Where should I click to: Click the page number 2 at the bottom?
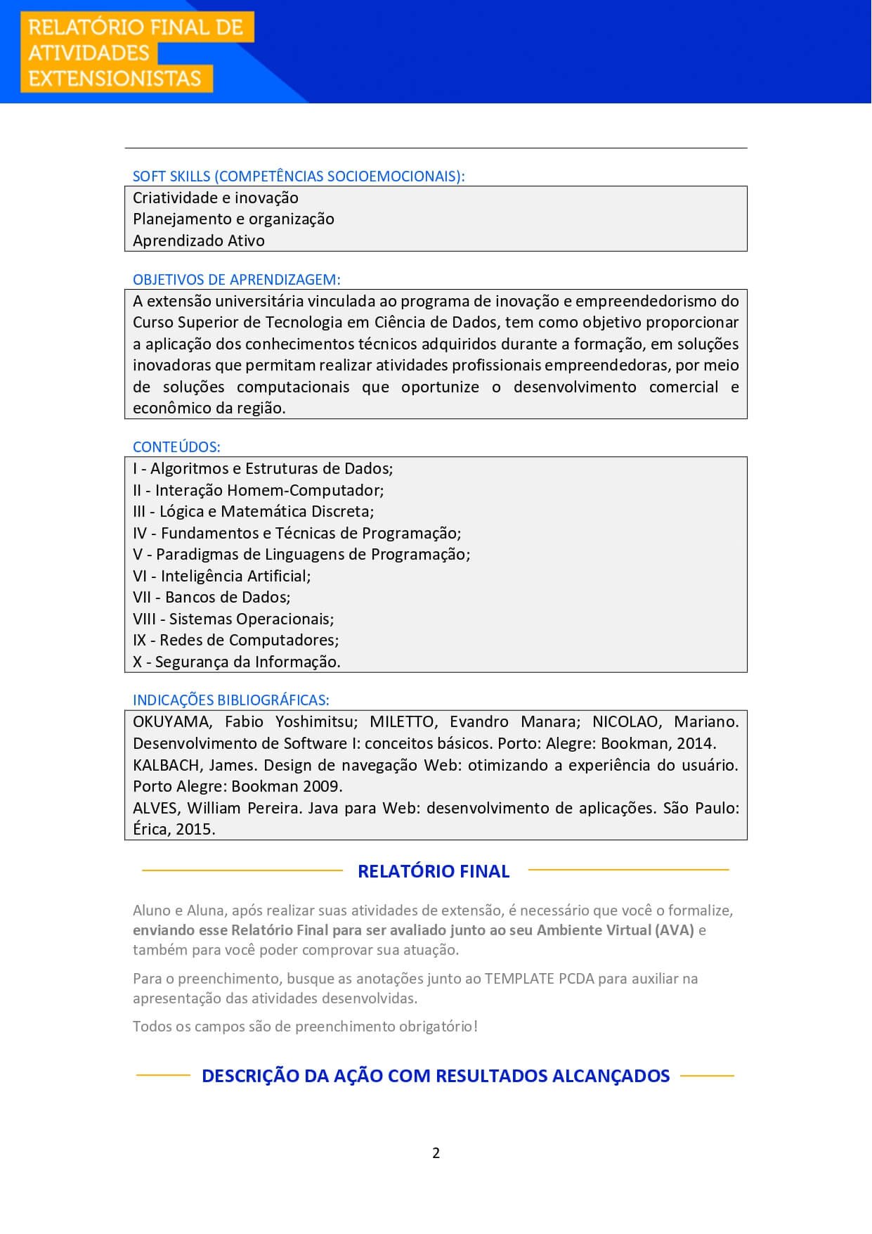436,1152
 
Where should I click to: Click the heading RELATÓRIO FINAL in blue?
434,871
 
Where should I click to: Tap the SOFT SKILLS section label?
299,176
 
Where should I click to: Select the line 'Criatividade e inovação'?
216,198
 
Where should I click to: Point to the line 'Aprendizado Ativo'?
199,240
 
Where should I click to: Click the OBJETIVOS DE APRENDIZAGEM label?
237,279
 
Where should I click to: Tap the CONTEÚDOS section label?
176,446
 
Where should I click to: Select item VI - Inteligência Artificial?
222,576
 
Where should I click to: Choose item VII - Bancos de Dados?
212,597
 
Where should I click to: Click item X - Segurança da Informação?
237,662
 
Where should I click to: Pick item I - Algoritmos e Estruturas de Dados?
263,468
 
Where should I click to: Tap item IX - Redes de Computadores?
236,640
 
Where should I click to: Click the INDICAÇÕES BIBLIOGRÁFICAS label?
231,700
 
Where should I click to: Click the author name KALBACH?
167,765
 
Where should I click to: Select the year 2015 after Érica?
195,829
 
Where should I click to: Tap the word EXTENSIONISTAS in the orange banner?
115,78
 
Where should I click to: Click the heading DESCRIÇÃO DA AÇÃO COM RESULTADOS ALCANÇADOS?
436,1076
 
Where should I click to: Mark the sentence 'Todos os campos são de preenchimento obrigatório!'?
305,1026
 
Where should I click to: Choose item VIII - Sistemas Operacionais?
233,619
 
